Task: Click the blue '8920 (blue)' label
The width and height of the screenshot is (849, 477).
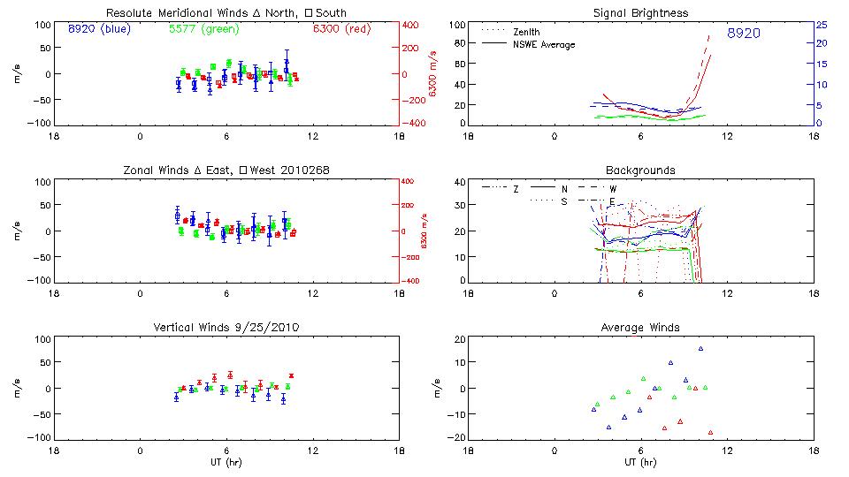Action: (98, 29)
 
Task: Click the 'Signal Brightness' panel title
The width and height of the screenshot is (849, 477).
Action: (641, 13)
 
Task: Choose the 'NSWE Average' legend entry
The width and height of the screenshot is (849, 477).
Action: (543, 44)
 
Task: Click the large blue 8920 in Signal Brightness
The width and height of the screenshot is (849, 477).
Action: (744, 34)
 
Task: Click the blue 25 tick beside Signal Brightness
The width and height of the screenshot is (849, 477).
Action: (821, 25)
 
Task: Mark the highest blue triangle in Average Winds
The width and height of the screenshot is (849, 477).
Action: (700, 349)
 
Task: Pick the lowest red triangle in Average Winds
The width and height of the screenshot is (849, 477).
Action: (710, 433)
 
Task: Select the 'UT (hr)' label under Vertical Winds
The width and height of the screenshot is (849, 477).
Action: (226, 463)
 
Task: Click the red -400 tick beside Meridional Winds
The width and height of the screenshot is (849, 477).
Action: (414, 124)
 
